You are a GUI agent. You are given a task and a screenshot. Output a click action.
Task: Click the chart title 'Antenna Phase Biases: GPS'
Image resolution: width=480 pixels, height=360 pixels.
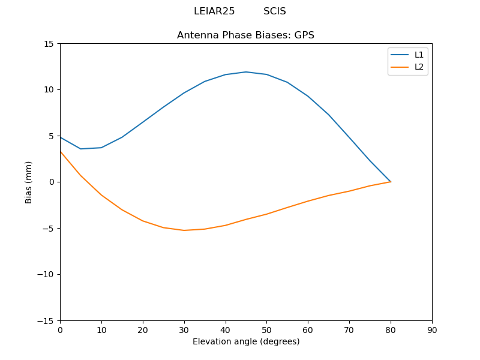pos(245,35)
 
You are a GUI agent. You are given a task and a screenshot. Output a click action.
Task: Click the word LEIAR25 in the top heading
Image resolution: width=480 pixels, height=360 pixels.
pos(214,11)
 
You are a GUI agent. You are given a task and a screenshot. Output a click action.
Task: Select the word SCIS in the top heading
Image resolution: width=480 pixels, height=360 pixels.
pos(275,11)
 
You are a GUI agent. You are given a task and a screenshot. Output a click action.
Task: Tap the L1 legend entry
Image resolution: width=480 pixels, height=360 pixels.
pos(419,55)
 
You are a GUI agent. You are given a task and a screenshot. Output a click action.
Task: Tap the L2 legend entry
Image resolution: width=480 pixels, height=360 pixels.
pos(419,67)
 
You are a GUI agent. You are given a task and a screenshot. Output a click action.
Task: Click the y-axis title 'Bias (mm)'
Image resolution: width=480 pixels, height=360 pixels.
pos(29,182)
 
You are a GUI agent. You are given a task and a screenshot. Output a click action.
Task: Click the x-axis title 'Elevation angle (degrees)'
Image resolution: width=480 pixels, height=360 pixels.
pos(245,342)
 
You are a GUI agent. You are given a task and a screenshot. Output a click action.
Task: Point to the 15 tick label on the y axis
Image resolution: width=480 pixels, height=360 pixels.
pos(49,44)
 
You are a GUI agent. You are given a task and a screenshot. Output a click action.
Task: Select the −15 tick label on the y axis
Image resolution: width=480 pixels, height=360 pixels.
pos(46,321)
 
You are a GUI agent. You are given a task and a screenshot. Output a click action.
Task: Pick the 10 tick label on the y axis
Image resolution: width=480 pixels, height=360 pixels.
pos(49,90)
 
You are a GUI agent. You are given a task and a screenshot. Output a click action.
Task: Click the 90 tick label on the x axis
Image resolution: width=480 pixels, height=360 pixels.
pos(431,330)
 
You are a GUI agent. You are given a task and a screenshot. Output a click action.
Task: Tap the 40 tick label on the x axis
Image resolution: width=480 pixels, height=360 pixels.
pos(225,330)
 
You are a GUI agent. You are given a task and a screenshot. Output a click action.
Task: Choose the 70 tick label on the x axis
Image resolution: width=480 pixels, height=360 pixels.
pos(349,330)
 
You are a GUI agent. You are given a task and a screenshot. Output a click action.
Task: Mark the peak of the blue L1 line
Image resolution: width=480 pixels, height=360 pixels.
pos(246,72)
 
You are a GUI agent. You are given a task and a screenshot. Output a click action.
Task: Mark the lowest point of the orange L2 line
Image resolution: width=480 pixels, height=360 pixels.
pos(184,230)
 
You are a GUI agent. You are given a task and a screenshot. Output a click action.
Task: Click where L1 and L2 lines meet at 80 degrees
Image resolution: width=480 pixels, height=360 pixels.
pos(391,182)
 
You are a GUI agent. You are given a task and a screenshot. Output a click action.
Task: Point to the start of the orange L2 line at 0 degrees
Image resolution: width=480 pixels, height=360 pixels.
pos(61,151)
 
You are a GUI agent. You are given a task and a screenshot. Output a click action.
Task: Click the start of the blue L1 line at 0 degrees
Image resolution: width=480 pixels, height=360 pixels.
pos(61,137)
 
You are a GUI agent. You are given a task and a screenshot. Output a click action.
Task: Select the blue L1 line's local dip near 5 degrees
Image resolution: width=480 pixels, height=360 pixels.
pos(81,149)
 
